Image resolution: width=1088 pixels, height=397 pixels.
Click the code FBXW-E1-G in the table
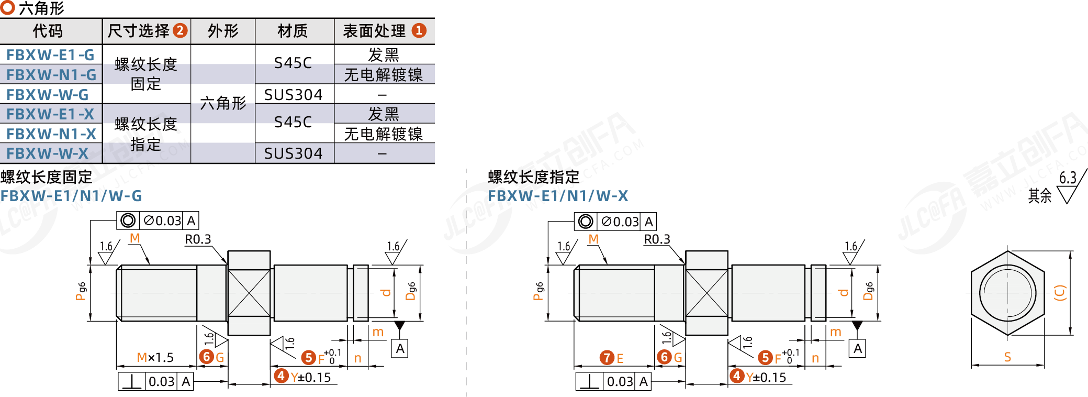pos(50,55)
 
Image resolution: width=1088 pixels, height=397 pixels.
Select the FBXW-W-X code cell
pos(48,153)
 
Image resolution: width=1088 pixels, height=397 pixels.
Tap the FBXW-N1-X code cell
pos(51,134)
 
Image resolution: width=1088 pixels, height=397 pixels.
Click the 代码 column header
pos(48,31)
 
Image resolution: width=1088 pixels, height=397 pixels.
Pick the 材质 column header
pos(293,31)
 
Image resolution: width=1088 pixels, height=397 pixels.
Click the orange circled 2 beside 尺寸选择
pos(180,30)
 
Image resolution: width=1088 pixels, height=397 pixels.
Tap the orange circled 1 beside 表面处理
pos(419,30)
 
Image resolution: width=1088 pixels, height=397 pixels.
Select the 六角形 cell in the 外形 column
pos(223,103)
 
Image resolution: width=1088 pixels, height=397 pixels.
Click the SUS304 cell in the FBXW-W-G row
pos(293,95)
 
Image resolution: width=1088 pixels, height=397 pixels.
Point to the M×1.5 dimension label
pos(155,358)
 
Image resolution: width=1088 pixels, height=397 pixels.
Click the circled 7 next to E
pos(607,358)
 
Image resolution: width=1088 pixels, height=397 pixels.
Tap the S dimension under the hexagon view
pos(1007,357)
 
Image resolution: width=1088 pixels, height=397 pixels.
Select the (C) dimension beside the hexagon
pos(1060,292)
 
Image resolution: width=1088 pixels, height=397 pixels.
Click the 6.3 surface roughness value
pos(1068,178)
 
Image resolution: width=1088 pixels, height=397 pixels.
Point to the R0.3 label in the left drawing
pos(198,239)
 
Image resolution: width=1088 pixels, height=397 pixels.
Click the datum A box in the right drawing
pos(858,349)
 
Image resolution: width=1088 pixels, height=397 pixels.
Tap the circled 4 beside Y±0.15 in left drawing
pos(282,376)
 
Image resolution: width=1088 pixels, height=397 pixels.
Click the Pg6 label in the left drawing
pos(81,291)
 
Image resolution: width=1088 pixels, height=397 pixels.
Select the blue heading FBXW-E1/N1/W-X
pos(558,196)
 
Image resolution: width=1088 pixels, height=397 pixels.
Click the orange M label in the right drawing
pos(593,239)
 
